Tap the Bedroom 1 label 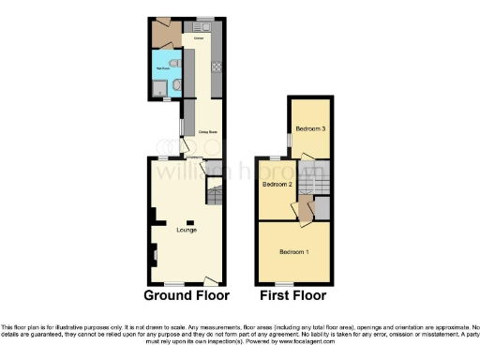pos(293,251)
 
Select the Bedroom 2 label pos(277,185)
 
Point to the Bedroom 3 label pos(310,128)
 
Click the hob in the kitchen pos(217,67)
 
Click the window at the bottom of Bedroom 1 pos(282,283)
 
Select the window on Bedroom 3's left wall pos(289,139)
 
